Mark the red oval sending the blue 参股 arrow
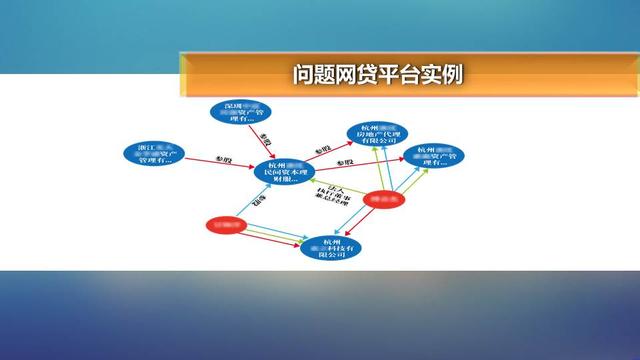pyautogui.click(x=226, y=225)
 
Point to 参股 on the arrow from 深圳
pyautogui.click(x=264, y=138)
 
